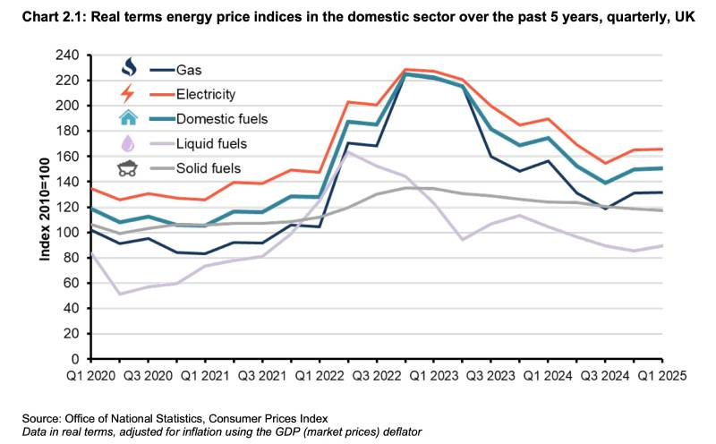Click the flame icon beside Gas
point(130,68)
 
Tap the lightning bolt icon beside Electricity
point(130,93)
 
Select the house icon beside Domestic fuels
point(130,117)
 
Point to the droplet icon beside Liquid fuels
point(130,143)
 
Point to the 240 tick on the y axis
point(69,55)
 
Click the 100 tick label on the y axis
point(69,233)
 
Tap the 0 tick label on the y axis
point(77,359)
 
